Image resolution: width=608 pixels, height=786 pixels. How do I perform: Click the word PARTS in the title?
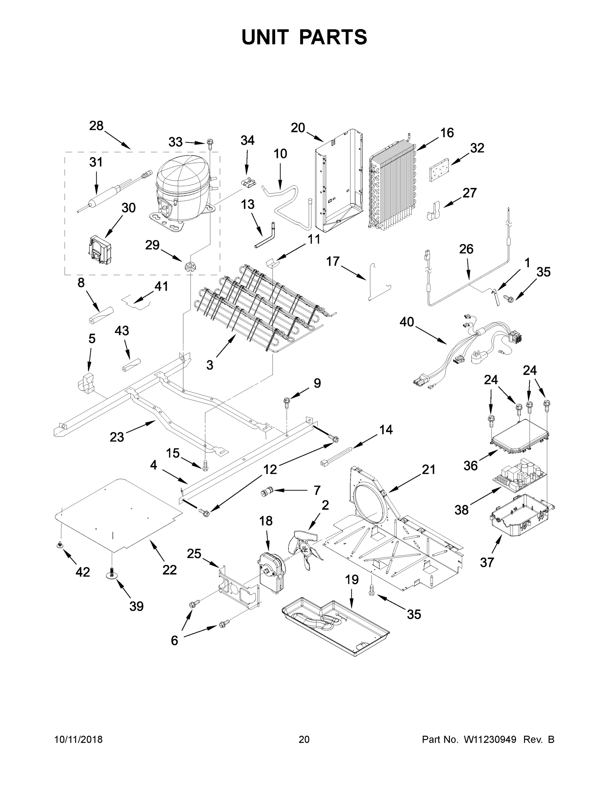pyautogui.click(x=333, y=37)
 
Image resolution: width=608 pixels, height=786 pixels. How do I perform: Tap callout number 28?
pyautogui.click(x=96, y=126)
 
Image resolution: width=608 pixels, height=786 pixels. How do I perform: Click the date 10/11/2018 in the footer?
pyautogui.click(x=79, y=739)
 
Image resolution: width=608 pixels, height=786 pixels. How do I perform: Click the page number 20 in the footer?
pyautogui.click(x=304, y=739)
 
